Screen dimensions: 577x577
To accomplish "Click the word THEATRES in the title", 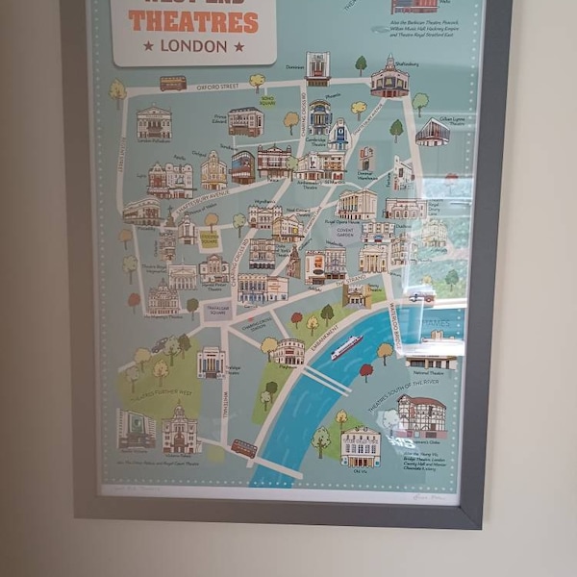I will tap(193, 21).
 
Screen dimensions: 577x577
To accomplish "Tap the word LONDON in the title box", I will tap(193, 45).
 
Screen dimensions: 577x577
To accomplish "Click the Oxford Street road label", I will tap(217, 87).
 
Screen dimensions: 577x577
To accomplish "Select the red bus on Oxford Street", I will tap(173, 84).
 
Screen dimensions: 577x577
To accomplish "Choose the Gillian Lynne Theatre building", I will tap(432, 132).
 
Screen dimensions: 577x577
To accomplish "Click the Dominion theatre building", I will tap(317, 68).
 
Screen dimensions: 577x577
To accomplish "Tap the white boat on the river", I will tap(346, 347).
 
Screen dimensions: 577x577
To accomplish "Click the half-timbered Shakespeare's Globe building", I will tap(421, 415).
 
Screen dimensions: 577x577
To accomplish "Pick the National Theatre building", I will tap(430, 362).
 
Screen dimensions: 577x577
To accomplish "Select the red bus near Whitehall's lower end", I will tap(244, 448).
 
